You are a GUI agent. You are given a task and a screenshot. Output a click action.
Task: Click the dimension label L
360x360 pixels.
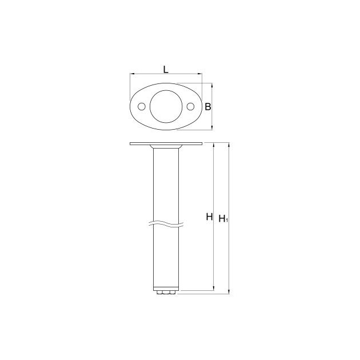[x=166, y=69]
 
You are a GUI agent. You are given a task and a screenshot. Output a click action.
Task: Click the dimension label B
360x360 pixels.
[x=208, y=107]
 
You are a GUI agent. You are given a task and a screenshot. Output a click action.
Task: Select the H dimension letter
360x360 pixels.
[x=209, y=217]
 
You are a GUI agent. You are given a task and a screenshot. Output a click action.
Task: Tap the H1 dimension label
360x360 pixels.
[x=223, y=218]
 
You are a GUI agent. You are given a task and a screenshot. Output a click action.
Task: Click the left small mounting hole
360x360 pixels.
[x=142, y=106]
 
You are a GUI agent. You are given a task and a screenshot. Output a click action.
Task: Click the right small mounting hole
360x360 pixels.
[x=190, y=106]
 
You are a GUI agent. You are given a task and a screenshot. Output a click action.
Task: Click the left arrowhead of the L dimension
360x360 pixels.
[x=132, y=74]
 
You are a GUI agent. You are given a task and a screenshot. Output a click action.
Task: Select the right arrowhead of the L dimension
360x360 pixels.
[x=200, y=74]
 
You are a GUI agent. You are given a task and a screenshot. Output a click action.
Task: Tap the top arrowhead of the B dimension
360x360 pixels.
[x=212, y=85]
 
